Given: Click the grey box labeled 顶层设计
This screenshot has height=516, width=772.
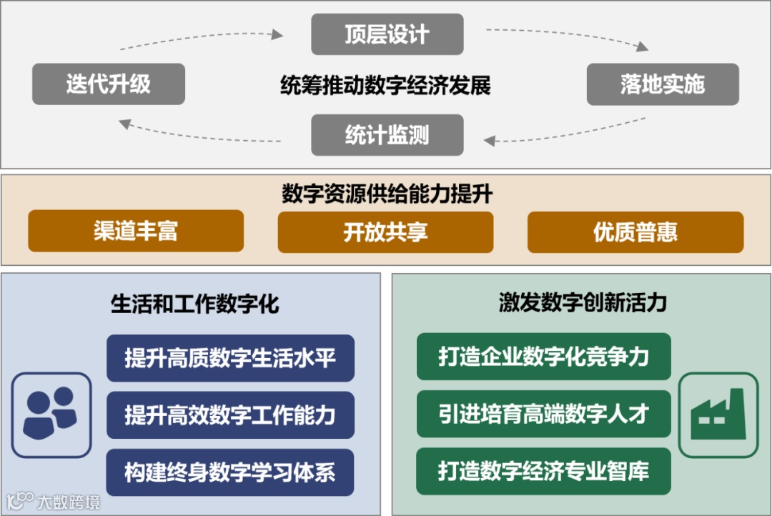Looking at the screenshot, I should pyautogui.click(x=387, y=34).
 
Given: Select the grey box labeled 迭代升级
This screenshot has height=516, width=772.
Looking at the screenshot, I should pyautogui.click(x=109, y=84).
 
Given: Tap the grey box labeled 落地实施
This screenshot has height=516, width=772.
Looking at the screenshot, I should pyautogui.click(x=663, y=84).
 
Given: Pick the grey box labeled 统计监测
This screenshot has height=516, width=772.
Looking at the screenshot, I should pyautogui.click(x=387, y=134).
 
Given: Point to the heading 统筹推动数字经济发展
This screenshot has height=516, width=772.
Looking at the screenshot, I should pyautogui.click(x=386, y=86).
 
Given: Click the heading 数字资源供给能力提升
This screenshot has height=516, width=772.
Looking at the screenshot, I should pyautogui.click(x=387, y=194).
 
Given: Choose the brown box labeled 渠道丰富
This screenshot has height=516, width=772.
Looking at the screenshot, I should pyautogui.click(x=136, y=231).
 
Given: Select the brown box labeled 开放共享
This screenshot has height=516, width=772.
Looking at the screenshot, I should pyautogui.click(x=386, y=231).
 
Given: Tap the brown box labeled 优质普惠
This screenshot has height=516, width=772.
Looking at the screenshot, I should pyautogui.click(x=635, y=231).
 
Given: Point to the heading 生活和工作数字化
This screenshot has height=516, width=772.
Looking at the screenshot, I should pyautogui.click(x=195, y=304).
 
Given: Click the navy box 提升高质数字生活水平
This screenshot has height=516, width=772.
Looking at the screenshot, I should pyautogui.click(x=230, y=357).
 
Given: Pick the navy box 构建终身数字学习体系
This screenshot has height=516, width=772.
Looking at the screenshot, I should pyautogui.click(x=230, y=472).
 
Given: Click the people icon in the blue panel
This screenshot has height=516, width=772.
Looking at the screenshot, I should pyautogui.click(x=51, y=415).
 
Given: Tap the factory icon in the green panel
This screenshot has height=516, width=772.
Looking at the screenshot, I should pyautogui.click(x=717, y=415).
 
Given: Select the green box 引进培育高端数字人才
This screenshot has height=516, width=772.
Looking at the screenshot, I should pyautogui.click(x=543, y=415).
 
